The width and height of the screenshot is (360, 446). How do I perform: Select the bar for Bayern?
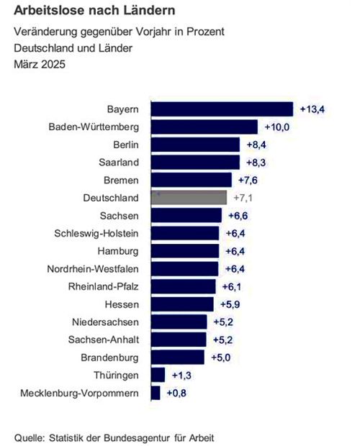222,109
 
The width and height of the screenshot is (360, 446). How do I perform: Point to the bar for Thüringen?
158,375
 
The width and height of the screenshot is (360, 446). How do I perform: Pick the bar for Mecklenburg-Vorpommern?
156,393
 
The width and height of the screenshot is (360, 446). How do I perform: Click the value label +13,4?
312,109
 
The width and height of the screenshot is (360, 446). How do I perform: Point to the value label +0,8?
176,393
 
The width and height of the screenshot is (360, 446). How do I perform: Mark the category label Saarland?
119,163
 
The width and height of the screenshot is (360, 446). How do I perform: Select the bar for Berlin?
195,145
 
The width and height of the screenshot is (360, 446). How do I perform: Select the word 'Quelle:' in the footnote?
30,437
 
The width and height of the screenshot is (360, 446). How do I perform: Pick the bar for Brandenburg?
179,357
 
